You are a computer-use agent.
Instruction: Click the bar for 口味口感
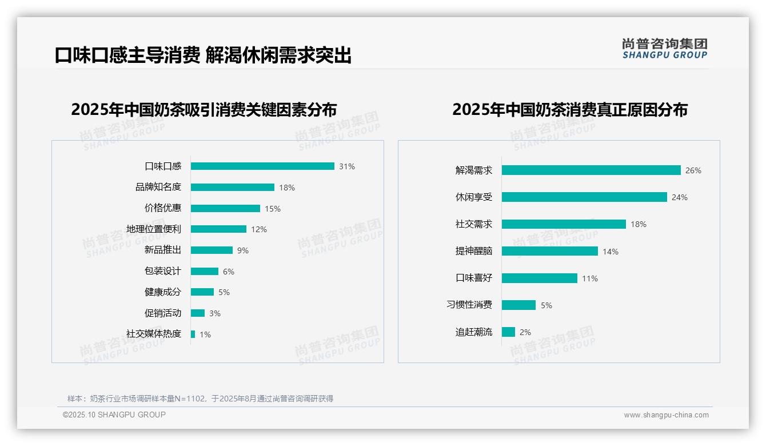(x=262, y=166)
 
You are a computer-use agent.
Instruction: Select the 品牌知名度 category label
(x=158, y=187)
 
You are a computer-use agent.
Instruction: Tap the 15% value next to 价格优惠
(x=273, y=209)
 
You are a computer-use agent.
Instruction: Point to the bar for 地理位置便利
(x=218, y=229)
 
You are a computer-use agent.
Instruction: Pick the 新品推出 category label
(x=163, y=250)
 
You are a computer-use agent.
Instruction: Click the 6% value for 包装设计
(x=229, y=272)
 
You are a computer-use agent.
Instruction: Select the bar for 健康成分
(x=202, y=292)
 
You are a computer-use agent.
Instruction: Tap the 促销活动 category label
(x=163, y=313)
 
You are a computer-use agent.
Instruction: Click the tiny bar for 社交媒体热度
(x=193, y=334)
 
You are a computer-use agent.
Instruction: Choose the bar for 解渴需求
(x=591, y=170)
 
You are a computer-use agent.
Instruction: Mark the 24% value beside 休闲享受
(x=680, y=197)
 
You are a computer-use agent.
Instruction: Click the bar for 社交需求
(x=564, y=224)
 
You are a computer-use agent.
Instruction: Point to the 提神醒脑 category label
(x=474, y=251)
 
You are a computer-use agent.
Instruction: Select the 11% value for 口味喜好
(x=590, y=278)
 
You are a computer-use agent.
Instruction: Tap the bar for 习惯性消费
(x=518, y=305)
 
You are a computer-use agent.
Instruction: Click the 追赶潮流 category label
(x=474, y=332)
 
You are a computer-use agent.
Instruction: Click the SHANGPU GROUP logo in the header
(x=665, y=49)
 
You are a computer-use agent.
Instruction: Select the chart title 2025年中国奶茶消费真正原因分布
(x=570, y=110)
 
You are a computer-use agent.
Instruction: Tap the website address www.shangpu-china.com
(x=666, y=415)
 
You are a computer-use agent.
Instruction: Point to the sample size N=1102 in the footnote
(x=189, y=399)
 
